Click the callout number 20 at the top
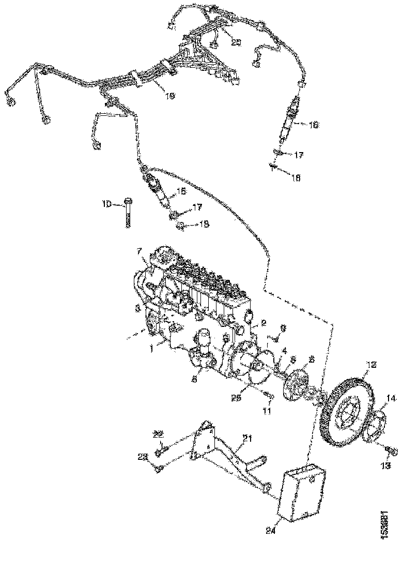click(x=236, y=43)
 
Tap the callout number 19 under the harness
click(x=170, y=95)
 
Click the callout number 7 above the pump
click(x=139, y=251)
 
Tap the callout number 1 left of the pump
click(x=152, y=349)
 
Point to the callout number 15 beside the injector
click(x=181, y=192)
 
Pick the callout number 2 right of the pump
click(x=263, y=323)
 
